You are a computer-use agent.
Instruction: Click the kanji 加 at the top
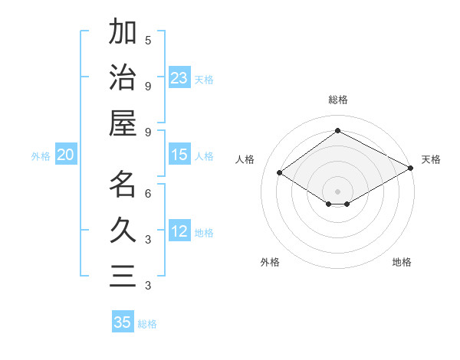(123, 32)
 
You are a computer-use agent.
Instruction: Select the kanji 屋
(123, 123)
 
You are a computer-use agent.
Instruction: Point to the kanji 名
(123, 185)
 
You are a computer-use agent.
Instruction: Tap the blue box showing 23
(179, 78)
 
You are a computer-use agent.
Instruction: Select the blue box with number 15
(179, 155)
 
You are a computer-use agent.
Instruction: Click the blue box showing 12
(179, 232)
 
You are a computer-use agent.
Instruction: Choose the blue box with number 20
(66, 155)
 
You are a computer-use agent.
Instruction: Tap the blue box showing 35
(123, 322)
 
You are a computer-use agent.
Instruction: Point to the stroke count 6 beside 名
(148, 193)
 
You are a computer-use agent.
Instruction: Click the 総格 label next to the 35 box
(147, 324)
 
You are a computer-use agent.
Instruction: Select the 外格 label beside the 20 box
(41, 156)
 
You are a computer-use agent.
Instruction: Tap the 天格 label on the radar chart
(431, 159)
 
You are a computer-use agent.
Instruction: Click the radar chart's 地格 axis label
(402, 262)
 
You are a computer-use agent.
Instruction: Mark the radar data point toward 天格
(411, 169)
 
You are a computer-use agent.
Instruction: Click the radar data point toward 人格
(280, 173)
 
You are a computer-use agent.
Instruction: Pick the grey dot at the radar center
(337, 190)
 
